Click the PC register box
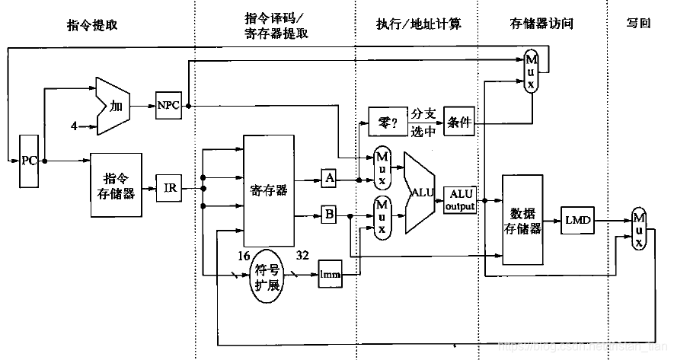pyautogui.click(x=29, y=161)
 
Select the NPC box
pyautogui.click(x=168, y=105)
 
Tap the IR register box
pyautogui.click(x=168, y=186)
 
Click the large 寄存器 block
pyautogui.click(x=267, y=190)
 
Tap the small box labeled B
pyautogui.click(x=329, y=215)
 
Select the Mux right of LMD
pyautogui.click(x=638, y=228)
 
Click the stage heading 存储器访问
pyautogui.click(x=541, y=24)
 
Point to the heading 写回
pyautogui.click(x=638, y=24)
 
